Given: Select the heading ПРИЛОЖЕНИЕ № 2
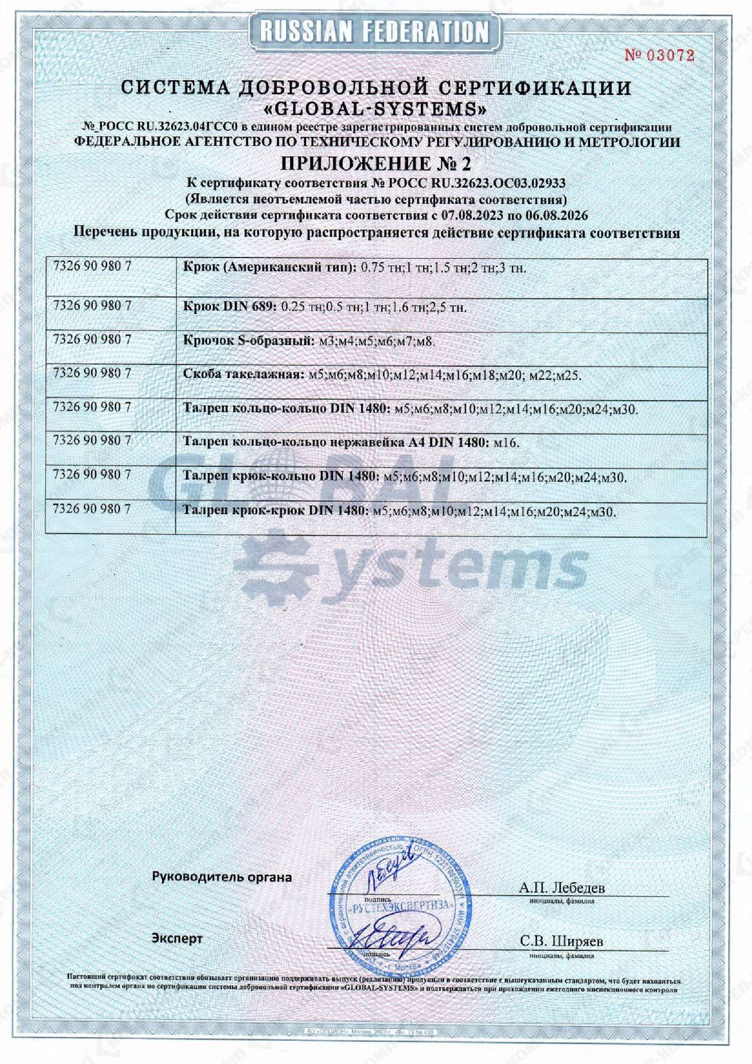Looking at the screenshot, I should [375, 164].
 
